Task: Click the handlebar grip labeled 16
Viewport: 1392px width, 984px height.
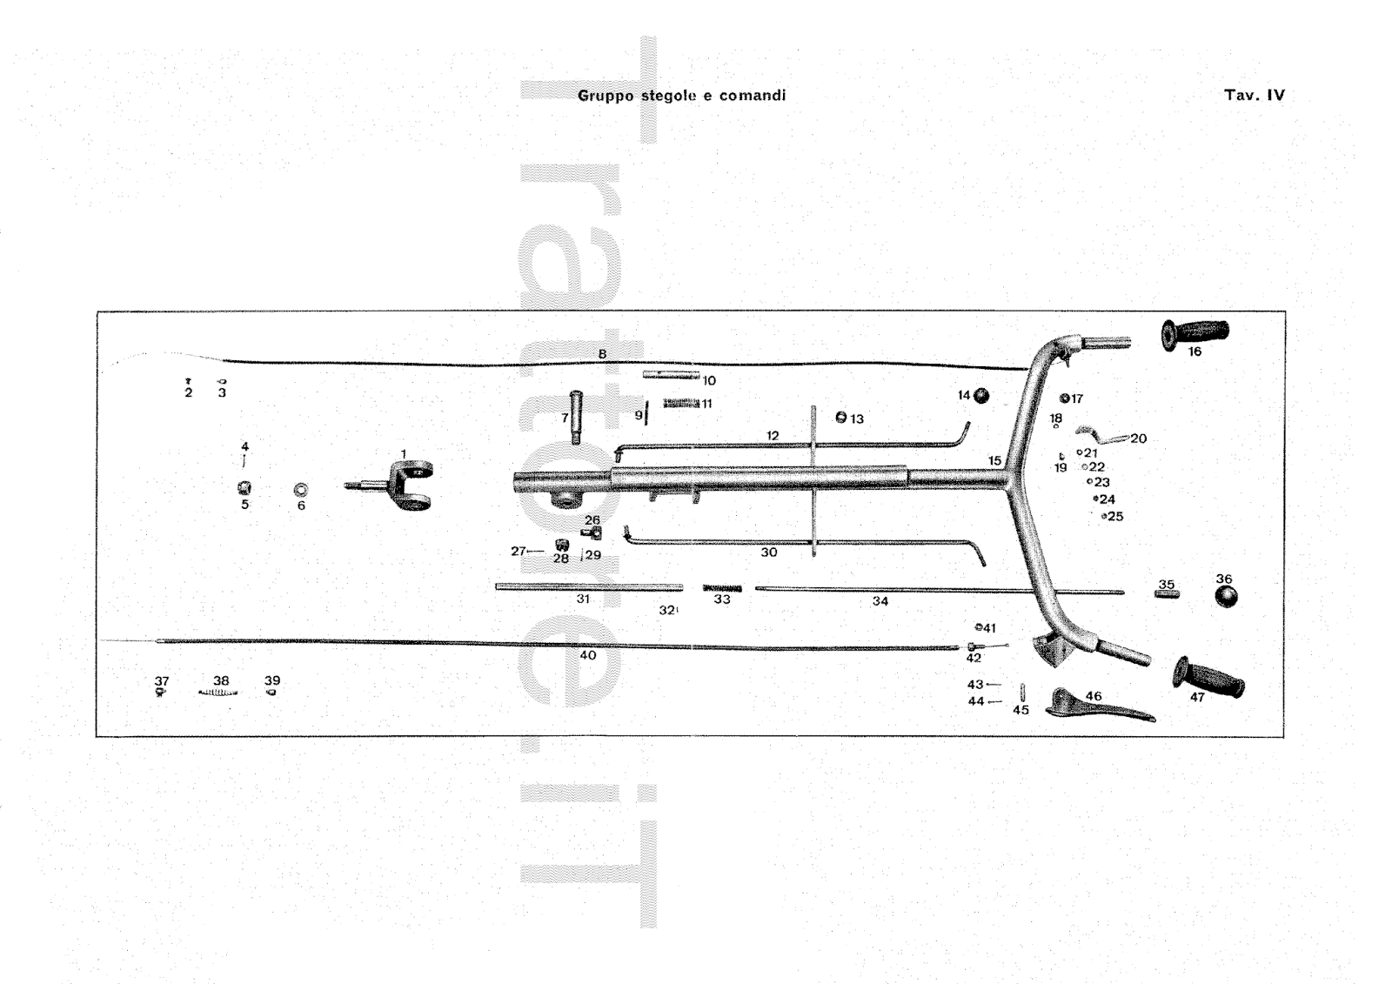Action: [1195, 332]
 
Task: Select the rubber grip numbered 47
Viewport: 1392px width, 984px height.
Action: [1209, 676]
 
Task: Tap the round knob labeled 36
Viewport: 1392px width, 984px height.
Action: [1225, 597]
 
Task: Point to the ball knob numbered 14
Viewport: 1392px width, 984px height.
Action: [981, 396]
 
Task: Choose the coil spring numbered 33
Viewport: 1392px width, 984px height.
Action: [722, 588]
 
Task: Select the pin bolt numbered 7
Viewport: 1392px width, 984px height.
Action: [573, 417]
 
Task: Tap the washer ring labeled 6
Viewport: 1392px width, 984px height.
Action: [301, 488]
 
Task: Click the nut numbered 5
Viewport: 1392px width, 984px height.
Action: [244, 488]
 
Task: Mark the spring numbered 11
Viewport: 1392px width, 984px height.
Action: [681, 404]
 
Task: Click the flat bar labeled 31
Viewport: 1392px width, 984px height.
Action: [588, 587]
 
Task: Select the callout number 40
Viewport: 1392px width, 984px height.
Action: [588, 655]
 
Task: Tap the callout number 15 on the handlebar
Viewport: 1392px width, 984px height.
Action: [994, 461]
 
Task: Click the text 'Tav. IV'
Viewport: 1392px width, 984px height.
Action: [1254, 96]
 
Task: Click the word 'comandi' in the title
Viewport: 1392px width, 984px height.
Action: [753, 96]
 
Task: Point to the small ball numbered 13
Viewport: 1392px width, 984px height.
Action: [840, 418]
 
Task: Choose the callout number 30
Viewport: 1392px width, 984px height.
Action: [768, 552]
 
